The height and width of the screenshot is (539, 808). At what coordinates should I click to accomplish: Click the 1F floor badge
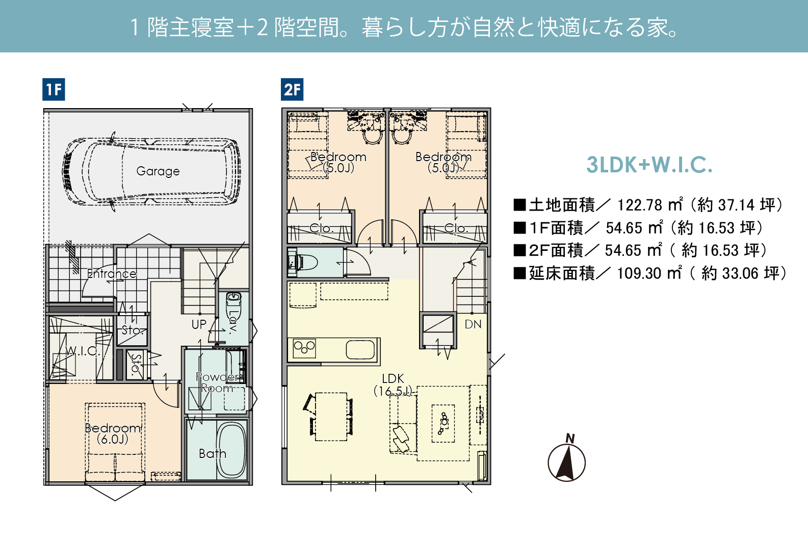pyautogui.click(x=54, y=89)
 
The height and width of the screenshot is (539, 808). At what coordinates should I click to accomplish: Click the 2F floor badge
pyautogui.click(x=292, y=89)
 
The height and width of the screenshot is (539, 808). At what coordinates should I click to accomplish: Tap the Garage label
pyautogui.click(x=158, y=171)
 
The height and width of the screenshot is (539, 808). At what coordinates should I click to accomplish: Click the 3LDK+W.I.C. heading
pyautogui.click(x=649, y=165)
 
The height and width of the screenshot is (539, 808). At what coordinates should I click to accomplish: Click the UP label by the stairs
pyautogui.click(x=199, y=324)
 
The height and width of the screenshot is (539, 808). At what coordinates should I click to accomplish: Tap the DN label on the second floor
pyautogui.click(x=473, y=324)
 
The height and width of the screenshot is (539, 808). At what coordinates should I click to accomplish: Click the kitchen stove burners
pyautogui.click(x=304, y=348)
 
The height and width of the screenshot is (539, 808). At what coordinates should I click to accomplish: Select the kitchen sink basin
pyautogui.click(x=360, y=349)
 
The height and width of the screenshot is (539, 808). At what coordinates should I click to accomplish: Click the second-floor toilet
pyautogui.click(x=302, y=262)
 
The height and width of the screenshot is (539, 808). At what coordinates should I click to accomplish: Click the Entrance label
pyautogui.click(x=112, y=273)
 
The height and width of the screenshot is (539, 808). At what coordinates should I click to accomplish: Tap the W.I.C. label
pyautogui.click(x=83, y=351)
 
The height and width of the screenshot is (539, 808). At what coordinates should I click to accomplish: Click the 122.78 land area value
pyautogui.click(x=640, y=206)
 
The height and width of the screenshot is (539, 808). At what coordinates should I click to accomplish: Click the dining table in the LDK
pyautogui.click(x=331, y=417)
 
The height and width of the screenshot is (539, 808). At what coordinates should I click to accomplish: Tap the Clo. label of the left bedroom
pyautogui.click(x=321, y=228)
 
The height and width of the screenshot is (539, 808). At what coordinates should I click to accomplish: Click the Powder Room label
pyautogui.click(x=218, y=382)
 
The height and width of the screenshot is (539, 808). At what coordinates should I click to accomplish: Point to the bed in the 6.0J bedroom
pyautogui.click(x=115, y=442)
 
